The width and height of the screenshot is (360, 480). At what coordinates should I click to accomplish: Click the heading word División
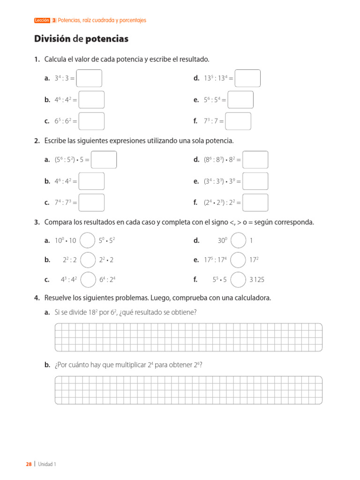point(52,39)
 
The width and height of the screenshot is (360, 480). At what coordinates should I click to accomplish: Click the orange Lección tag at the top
point(42,21)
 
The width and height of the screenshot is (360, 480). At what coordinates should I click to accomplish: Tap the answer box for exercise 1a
point(89,78)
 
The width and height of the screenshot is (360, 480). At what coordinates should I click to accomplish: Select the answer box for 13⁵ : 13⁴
point(247,78)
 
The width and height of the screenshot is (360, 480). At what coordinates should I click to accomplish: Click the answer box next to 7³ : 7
point(238,121)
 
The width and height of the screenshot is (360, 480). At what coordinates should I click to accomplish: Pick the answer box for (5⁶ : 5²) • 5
point(104,160)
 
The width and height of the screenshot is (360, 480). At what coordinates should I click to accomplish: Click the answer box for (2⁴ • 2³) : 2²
point(255,202)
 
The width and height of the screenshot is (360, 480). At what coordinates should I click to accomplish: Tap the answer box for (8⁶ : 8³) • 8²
point(255,160)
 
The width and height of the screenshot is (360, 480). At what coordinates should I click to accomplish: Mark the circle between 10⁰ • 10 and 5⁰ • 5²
point(88,240)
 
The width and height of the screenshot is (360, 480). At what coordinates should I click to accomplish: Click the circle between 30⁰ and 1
point(239,240)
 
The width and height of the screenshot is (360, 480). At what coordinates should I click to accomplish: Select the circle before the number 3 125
point(239,279)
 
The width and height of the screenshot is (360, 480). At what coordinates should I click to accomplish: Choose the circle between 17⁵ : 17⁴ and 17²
point(239,260)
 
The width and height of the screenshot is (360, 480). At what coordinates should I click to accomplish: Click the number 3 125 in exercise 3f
point(257,280)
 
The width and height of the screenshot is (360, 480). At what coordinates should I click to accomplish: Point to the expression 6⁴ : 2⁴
point(107,280)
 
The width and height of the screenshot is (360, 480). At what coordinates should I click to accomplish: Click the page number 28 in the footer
point(29,464)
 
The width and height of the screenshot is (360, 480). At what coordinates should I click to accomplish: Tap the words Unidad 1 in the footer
point(47,464)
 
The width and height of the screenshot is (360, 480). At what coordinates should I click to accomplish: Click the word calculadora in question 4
point(252,298)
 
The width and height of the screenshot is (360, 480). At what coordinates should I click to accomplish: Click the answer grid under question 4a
point(188,337)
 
